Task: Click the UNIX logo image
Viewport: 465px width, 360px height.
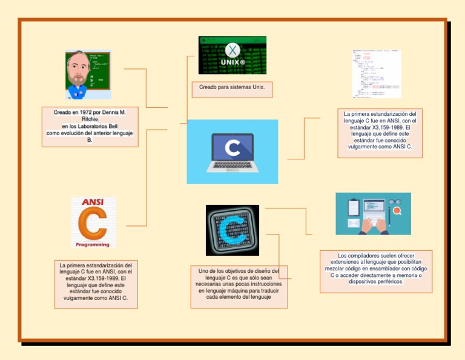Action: (232, 55)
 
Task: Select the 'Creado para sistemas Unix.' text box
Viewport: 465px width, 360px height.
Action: (232, 90)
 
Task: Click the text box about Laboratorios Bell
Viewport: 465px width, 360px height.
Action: (90, 127)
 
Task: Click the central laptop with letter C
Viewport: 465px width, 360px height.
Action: (232, 152)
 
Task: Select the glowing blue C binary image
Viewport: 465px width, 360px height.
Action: (232, 230)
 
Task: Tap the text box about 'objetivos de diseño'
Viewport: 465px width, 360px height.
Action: (239, 284)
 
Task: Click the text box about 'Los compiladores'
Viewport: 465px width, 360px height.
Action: (376, 271)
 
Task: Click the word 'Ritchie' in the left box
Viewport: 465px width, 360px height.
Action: (90, 120)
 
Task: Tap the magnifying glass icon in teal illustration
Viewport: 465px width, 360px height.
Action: (397, 211)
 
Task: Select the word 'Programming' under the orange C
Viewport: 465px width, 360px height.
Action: (93, 245)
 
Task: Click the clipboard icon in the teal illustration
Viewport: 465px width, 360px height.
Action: (354, 207)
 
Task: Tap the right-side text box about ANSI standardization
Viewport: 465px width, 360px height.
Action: (380, 133)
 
